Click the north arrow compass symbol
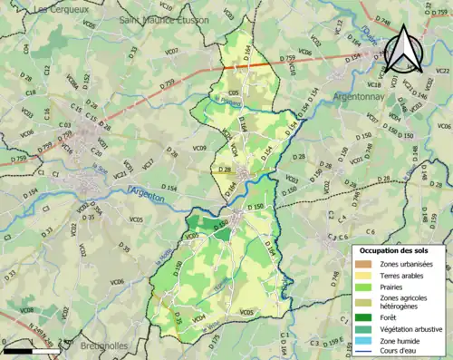(406, 49)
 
